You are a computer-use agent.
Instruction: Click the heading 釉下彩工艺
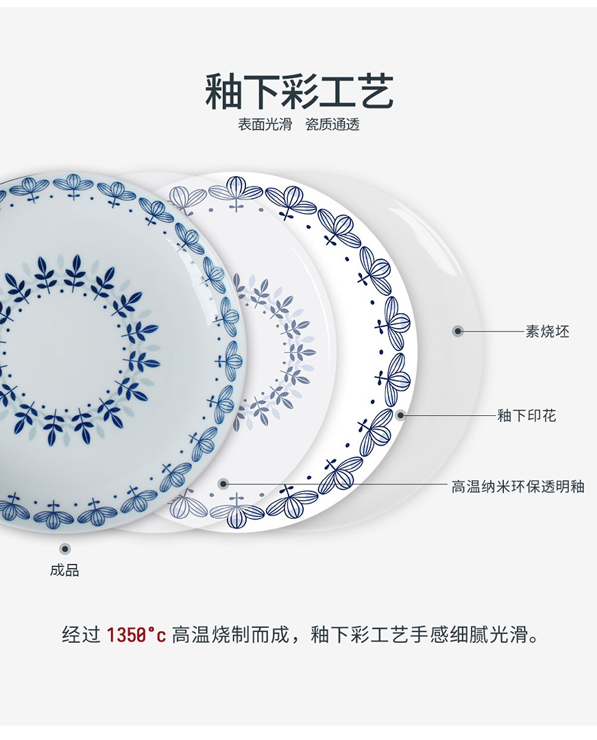click(300, 92)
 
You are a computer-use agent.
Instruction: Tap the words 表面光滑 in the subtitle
click(265, 124)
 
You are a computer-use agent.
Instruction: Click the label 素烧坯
click(547, 332)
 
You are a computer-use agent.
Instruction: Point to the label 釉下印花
click(526, 415)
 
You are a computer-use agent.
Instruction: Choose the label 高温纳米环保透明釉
click(517, 486)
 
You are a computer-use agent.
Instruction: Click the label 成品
click(64, 570)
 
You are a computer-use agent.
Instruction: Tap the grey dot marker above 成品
click(65, 548)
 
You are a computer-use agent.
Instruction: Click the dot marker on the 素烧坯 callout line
click(458, 332)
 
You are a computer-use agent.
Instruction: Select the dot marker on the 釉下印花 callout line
click(400, 415)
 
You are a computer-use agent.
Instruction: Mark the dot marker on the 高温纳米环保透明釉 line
click(223, 484)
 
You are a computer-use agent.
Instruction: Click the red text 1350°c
click(136, 635)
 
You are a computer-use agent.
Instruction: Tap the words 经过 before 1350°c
click(81, 635)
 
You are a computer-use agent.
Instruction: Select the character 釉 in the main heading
click(224, 92)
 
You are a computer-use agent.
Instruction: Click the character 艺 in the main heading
click(375, 92)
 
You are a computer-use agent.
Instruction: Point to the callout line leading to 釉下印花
click(449, 415)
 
